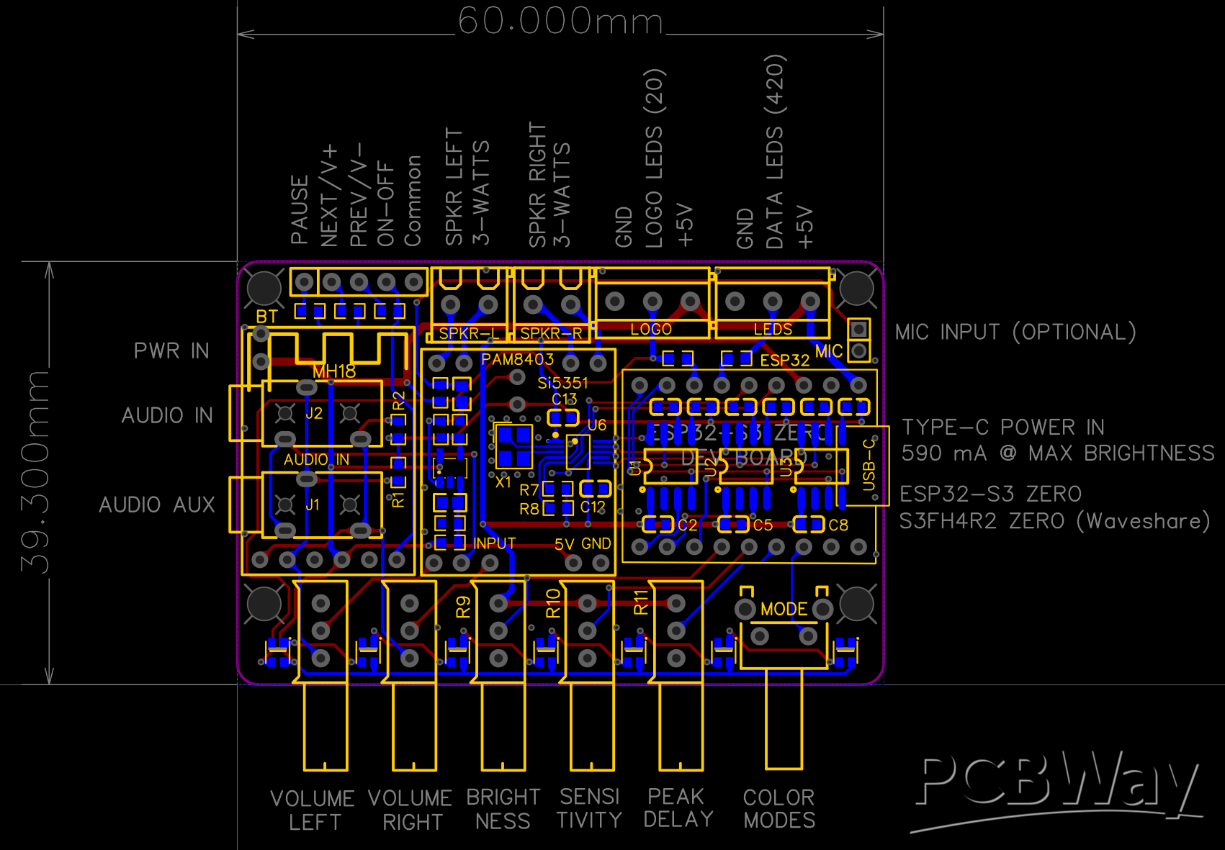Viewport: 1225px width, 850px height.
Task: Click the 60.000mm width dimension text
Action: click(560, 21)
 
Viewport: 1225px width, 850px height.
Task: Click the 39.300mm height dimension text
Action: click(35, 471)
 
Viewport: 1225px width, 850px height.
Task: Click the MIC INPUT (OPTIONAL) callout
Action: click(1015, 332)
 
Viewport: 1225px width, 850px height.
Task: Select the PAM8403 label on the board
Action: click(517, 359)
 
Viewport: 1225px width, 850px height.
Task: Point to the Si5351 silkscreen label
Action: click(562, 383)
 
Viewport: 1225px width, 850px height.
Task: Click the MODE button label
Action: click(784, 609)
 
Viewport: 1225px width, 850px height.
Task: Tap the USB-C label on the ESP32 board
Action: click(869, 464)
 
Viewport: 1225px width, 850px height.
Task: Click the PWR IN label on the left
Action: click(171, 351)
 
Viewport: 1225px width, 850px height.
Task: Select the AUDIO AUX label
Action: click(157, 505)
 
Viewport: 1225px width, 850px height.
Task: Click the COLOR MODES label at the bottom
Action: click(779, 808)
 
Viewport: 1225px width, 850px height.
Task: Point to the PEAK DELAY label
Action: click(678, 808)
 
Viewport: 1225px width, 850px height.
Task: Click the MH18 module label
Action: click(334, 371)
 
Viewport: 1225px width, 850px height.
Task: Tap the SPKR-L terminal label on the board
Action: click(468, 333)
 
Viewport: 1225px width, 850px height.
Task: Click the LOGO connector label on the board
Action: click(651, 329)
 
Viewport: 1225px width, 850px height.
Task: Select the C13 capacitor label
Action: click(565, 399)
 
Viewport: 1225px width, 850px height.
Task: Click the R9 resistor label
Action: click(463, 607)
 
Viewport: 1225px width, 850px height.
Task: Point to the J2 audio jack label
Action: click(314, 413)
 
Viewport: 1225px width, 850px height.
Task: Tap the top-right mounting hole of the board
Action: click(856, 288)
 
